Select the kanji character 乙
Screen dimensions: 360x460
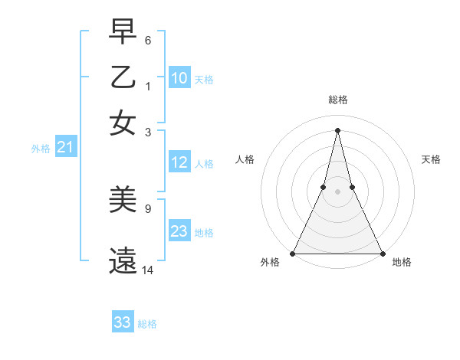pyautogui.click(x=123, y=79)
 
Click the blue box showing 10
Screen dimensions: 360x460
pyautogui.click(x=179, y=78)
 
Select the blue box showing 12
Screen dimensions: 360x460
pyautogui.click(x=179, y=162)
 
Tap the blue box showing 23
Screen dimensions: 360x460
pyautogui.click(x=179, y=231)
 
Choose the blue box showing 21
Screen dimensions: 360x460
pyautogui.click(x=65, y=147)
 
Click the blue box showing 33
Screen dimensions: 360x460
pyautogui.click(x=123, y=322)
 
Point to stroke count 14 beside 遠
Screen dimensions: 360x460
pyautogui.click(x=148, y=270)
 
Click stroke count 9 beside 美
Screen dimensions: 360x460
pyautogui.click(x=147, y=208)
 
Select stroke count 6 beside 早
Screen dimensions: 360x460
pyautogui.click(x=147, y=40)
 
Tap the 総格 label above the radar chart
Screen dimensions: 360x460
pyautogui.click(x=337, y=100)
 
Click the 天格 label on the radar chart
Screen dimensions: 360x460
pyautogui.click(x=432, y=159)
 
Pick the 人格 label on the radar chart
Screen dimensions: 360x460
pyautogui.click(x=245, y=159)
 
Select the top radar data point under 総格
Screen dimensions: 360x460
pyautogui.click(x=337, y=129)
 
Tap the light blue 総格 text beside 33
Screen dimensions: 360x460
pyautogui.click(x=147, y=324)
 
